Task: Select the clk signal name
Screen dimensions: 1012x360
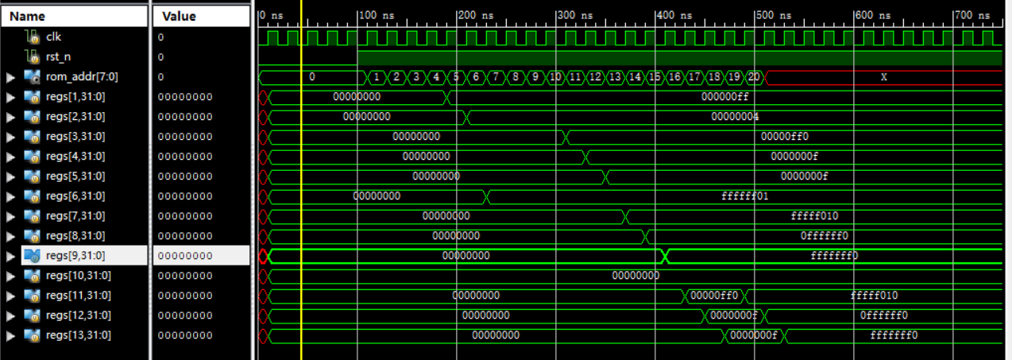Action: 53,37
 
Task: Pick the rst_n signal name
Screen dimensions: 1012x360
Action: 58,56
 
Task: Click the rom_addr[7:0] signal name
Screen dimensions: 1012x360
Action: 82,76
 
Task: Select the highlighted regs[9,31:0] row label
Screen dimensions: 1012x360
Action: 75,256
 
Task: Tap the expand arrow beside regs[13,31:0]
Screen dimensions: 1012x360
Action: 10,335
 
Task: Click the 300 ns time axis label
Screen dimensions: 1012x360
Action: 574,15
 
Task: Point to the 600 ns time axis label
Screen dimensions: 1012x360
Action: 873,15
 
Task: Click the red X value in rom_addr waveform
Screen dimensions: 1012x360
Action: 883,77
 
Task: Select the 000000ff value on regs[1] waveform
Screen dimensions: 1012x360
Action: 724,97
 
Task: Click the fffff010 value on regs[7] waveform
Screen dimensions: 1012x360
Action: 814,216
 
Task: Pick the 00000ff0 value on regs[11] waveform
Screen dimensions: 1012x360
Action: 714,296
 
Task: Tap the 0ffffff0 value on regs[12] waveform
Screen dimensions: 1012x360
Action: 883,315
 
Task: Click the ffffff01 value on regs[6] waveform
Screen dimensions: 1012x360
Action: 744,196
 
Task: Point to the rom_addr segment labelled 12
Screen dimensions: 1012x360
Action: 595,77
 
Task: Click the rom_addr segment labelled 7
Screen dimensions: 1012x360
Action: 496,77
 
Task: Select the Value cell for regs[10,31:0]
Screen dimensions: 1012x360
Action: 185,276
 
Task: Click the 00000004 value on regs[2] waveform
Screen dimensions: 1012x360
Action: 735,117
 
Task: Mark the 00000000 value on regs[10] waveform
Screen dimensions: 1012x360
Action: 635,276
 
